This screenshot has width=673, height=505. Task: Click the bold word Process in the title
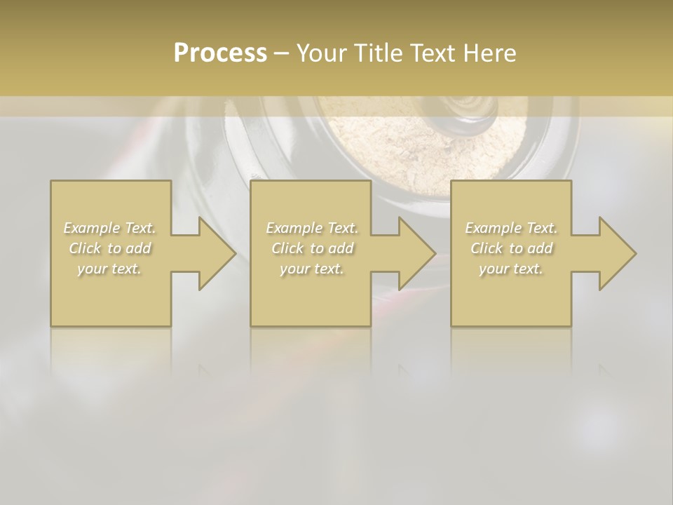[x=220, y=53]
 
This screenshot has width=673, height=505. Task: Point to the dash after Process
[x=281, y=54]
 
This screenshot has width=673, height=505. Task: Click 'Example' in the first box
[x=92, y=228]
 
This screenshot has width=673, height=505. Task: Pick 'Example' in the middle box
[x=294, y=228]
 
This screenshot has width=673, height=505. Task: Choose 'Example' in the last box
[x=493, y=228]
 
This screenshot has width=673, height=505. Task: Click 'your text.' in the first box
[x=109, y=269]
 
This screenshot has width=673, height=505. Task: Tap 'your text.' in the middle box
[x=311, y=269]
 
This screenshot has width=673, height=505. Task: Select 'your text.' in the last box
[x=511, y=269]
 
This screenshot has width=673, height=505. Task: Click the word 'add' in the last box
[x=540, y=248]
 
